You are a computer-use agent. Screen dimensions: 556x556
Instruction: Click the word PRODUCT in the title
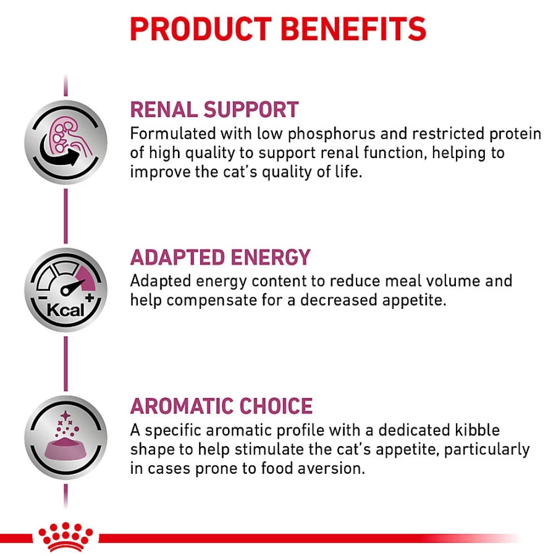point(201,28)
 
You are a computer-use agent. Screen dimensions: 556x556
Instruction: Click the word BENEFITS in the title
point(353,28)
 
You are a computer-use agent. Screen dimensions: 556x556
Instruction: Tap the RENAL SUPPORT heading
point(214,109)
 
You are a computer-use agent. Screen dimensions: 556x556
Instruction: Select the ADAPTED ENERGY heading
point(220,257)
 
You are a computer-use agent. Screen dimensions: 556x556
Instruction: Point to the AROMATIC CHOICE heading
point(221,406)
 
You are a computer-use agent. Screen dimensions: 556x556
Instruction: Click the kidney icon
point(65,142)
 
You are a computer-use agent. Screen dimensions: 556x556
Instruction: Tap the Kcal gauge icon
point(65,290)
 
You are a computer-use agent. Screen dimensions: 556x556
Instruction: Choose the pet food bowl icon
point(65,437)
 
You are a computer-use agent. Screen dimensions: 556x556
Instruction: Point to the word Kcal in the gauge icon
point(65,311)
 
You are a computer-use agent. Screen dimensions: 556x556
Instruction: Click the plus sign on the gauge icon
point(89,298)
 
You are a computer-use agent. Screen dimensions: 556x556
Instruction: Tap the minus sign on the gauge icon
point(42,298)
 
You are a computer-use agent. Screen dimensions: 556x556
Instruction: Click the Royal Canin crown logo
point(65,536)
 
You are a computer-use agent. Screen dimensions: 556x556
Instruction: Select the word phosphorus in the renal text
point(332,134)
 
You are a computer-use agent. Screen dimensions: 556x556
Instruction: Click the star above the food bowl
point(65,415)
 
